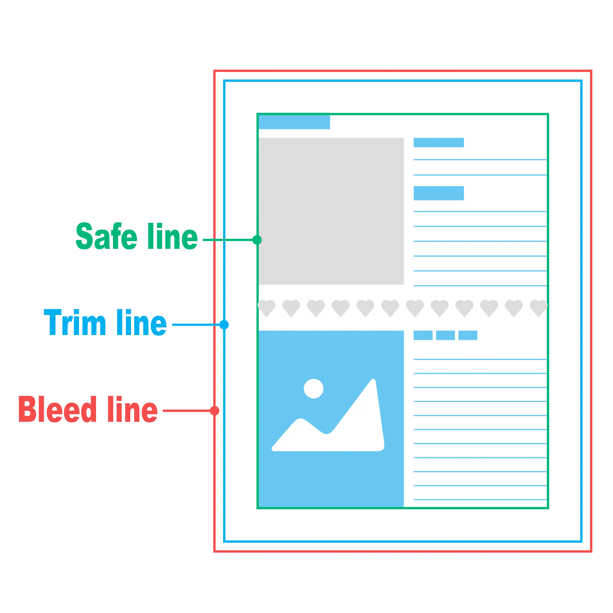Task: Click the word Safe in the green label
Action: [x=107, y=236]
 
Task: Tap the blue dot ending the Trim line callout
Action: [x=225, y=325]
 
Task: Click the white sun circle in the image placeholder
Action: [x=314, y=388]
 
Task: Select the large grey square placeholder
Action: [x=332, y=210]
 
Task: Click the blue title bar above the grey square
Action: [x=294, y=123]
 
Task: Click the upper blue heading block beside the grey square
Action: [x=439, y=143]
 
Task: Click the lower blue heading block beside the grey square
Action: [x=439, y=193]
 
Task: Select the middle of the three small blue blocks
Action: [x=446, y=336]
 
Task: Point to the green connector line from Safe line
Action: [x=227, y=240]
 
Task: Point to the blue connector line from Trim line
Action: [x=195, y=325]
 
